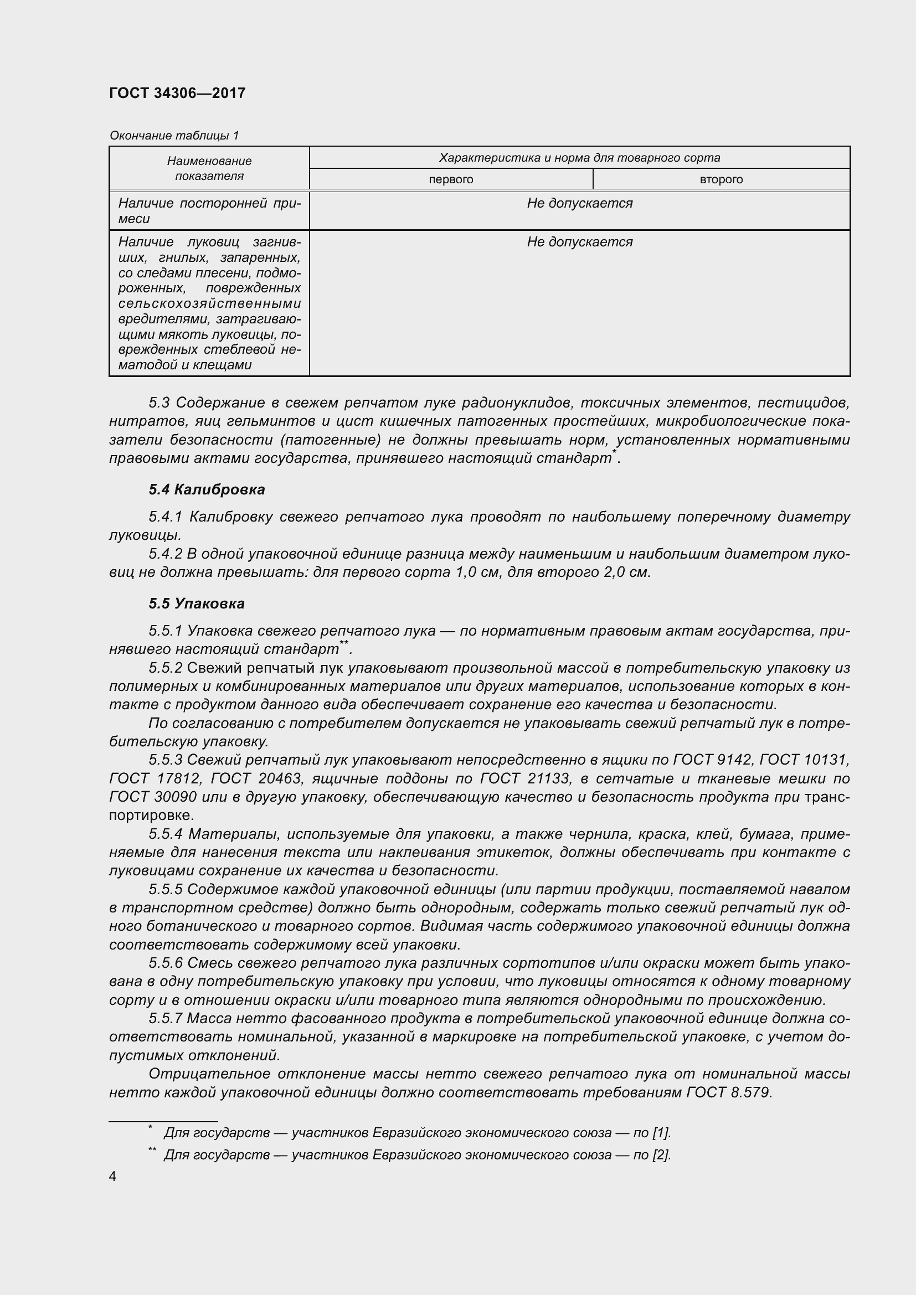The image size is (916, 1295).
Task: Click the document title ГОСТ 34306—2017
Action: click(x=177, y=93)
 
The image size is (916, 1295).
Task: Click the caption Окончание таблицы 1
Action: click(x=174, y=135)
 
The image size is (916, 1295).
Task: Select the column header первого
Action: click(x=451, y=179)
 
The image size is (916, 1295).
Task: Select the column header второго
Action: click(x=721, y=179)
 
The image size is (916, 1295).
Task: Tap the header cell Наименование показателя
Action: click(x=209, y=168)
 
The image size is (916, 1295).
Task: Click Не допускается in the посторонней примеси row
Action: click(x=579, y=203)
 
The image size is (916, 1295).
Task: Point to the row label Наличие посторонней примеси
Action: click(x=209, y=211)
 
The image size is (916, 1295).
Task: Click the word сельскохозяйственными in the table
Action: click(x=209, y=303)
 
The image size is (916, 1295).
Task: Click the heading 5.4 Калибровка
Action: click(x=207, y=489)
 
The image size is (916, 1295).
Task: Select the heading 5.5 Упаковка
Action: click(x=196, y=603)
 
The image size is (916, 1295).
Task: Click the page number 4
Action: click(x=113, y=1177)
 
